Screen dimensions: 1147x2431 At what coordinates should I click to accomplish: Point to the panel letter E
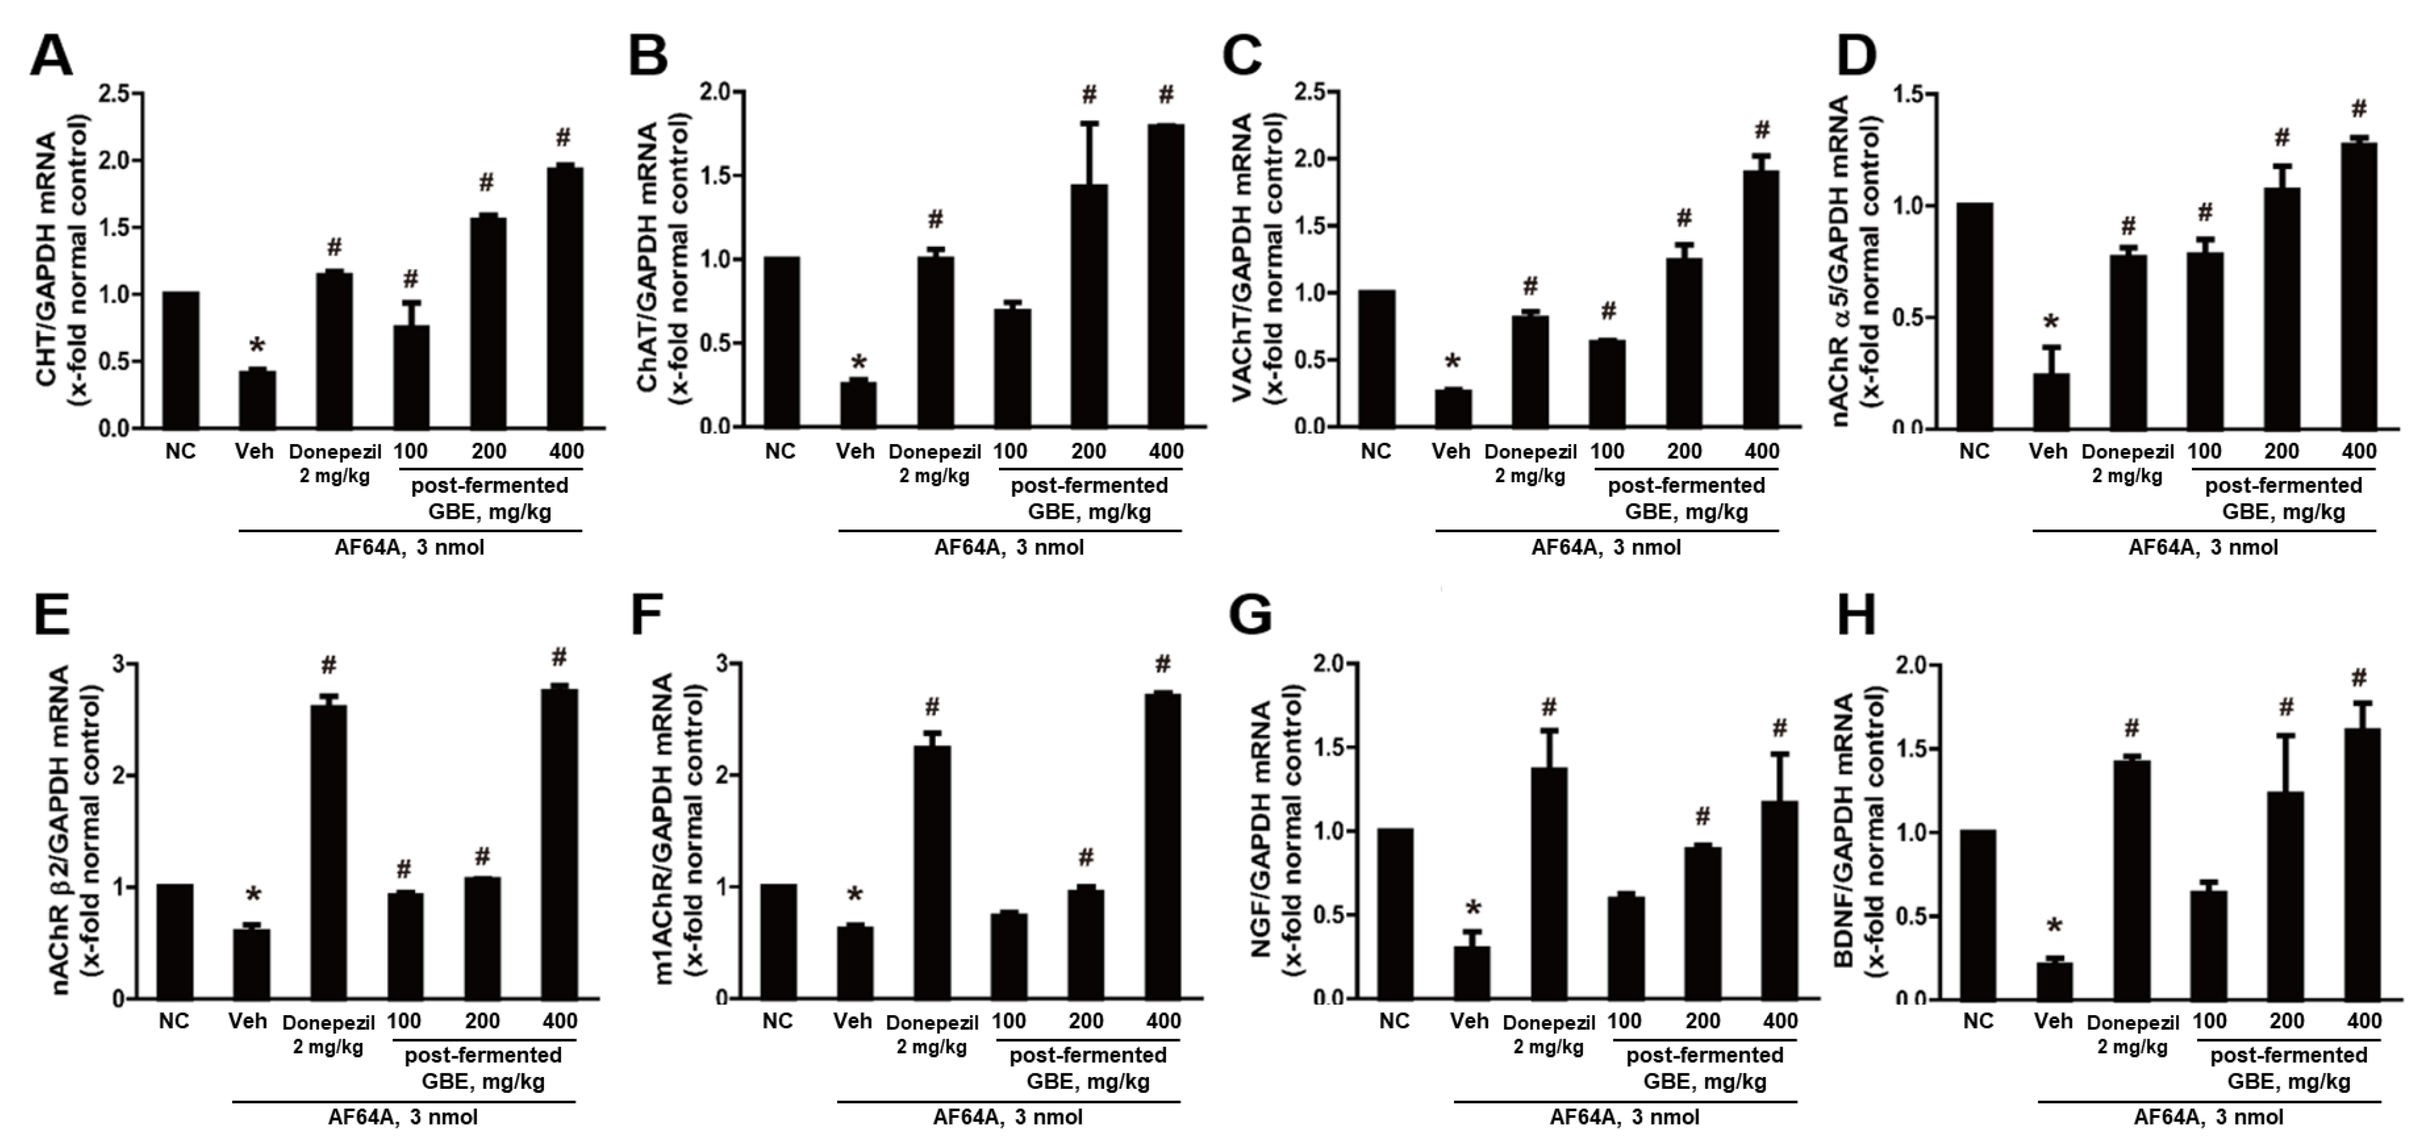click(x=51, y=618)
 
